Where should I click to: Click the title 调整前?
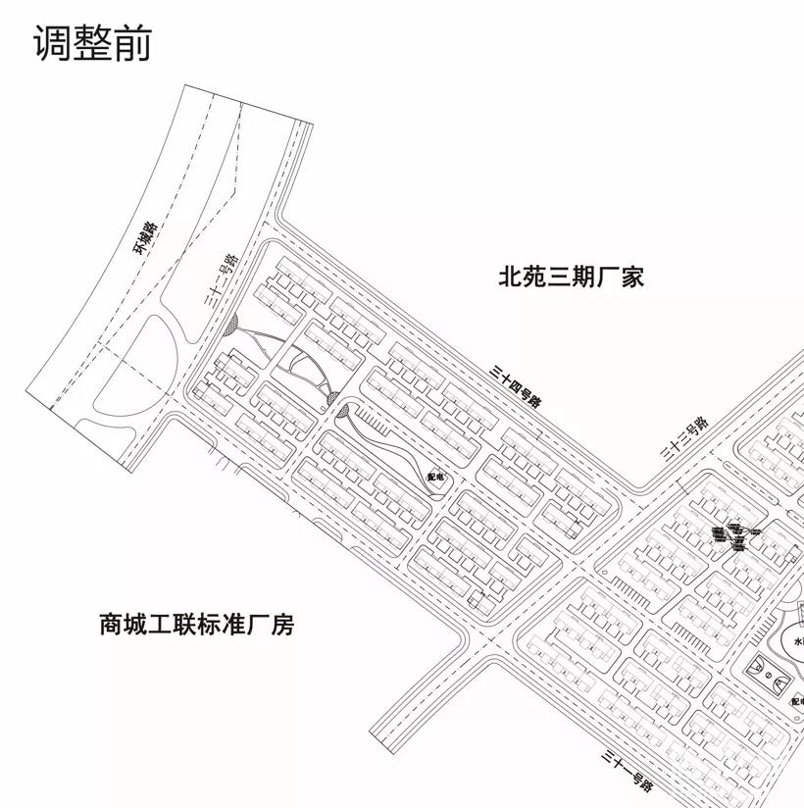[93, 44]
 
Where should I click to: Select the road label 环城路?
[147, 239]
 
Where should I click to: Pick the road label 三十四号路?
[517, 385]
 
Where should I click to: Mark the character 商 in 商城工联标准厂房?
[111, 625]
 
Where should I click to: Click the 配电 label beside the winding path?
[435, 477]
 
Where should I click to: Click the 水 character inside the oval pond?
[797, 642]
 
